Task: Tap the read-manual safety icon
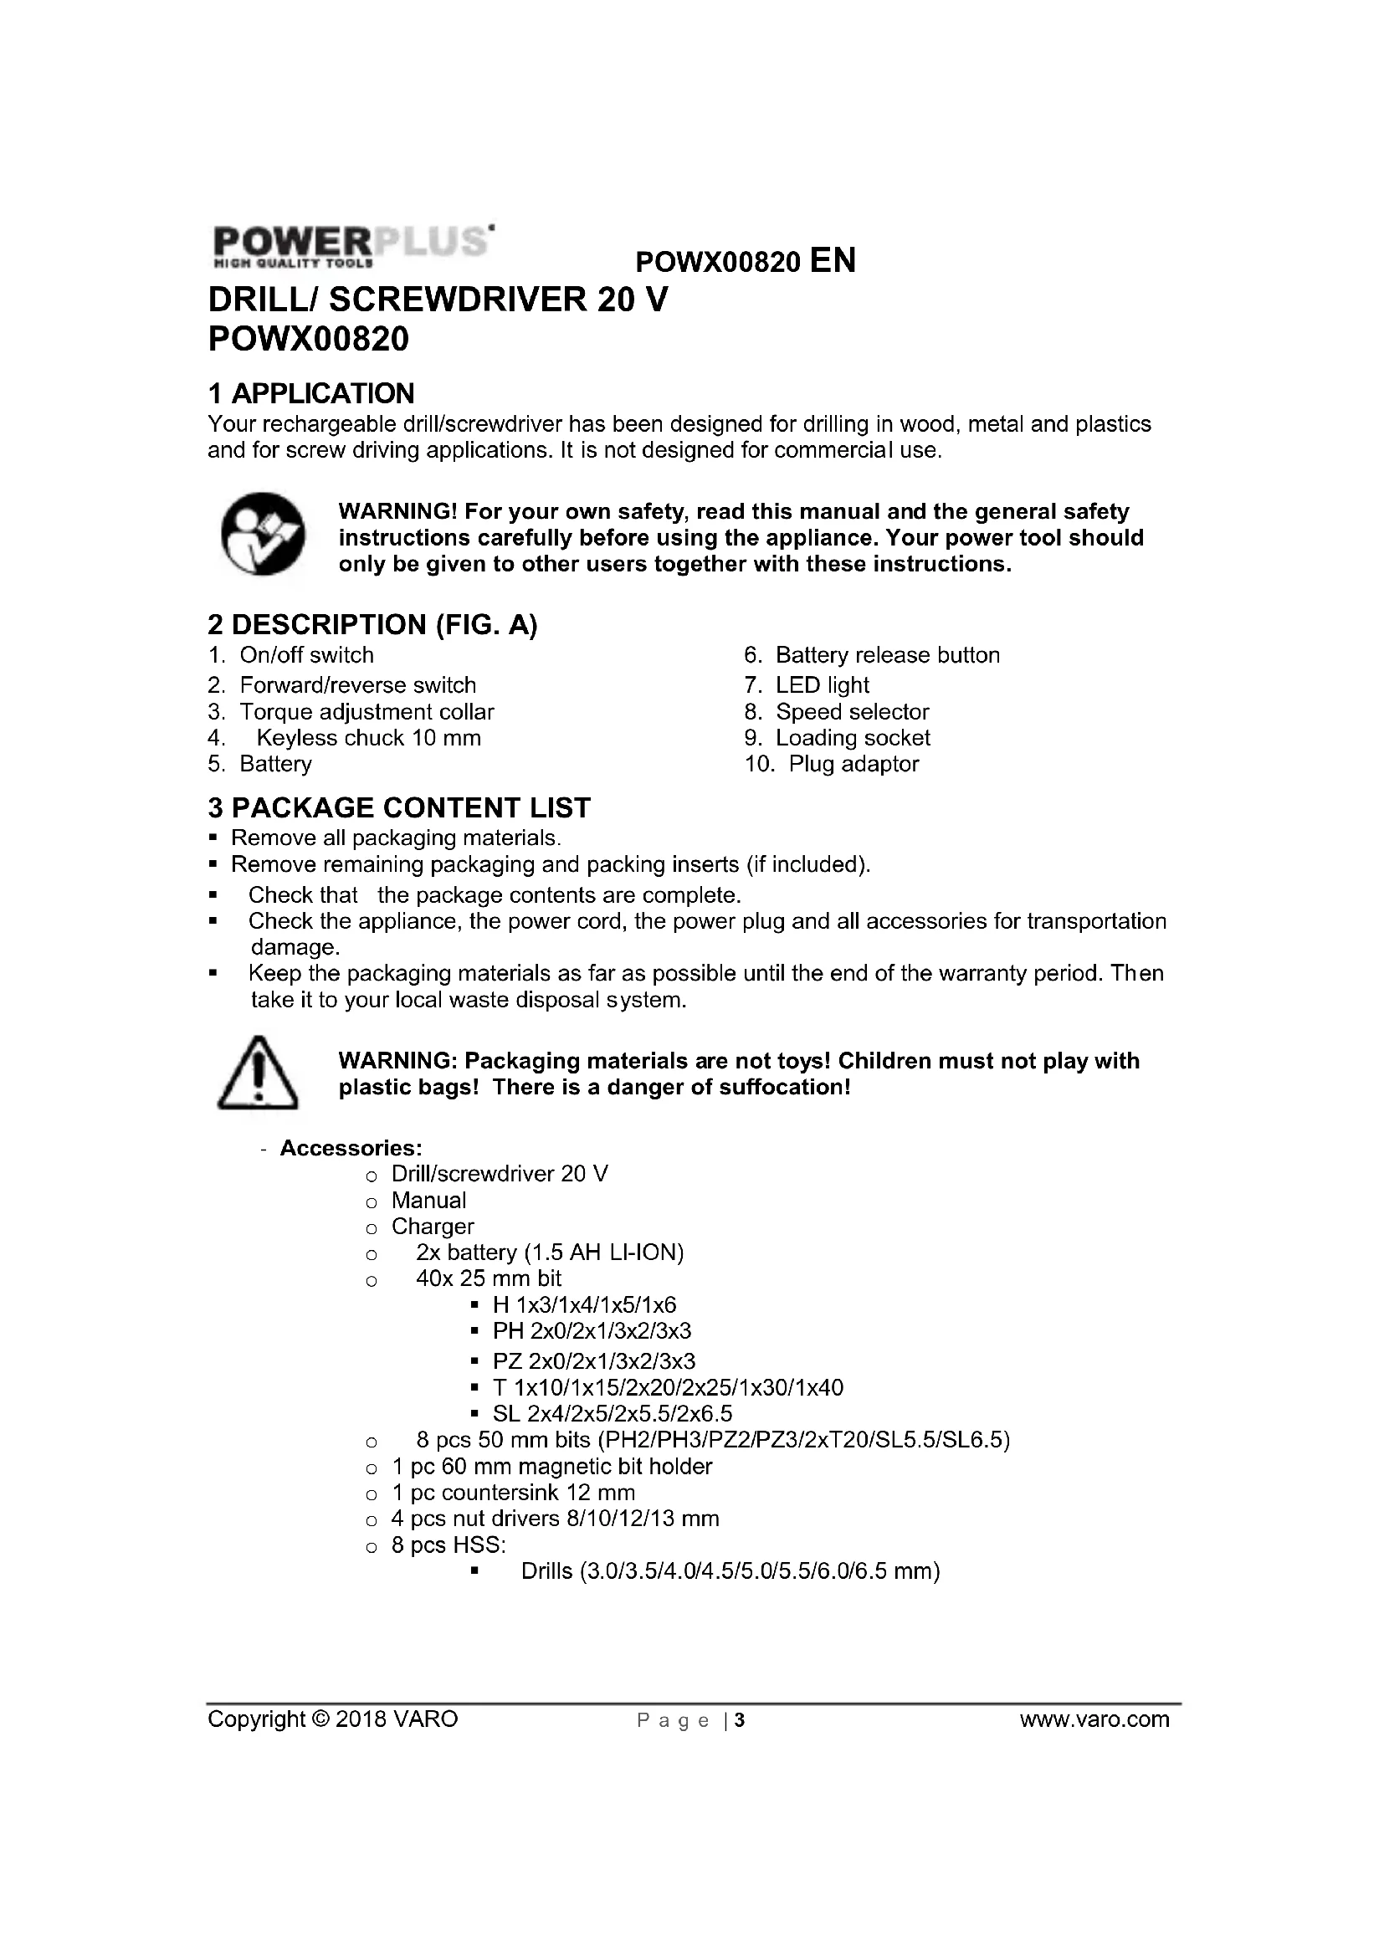263,534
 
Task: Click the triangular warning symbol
259,1073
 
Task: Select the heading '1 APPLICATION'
311,393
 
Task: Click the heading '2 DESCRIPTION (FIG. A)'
372,624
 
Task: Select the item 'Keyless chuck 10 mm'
368,737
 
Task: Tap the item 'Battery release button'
887,654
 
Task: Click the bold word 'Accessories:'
351,1147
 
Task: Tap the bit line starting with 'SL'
612,1413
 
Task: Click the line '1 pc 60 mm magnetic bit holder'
551,1466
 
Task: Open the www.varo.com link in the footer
1094,1719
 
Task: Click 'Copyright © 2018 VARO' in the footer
332,1719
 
